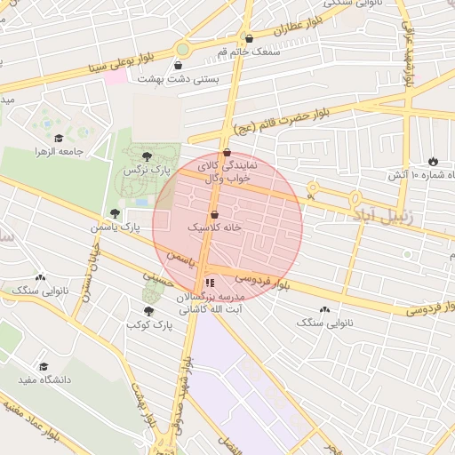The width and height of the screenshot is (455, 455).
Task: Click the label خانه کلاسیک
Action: (x=214, y=228)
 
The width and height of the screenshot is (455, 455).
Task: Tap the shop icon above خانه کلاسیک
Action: (x=214, y=215)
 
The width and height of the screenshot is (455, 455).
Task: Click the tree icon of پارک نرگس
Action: (x=159, y=156)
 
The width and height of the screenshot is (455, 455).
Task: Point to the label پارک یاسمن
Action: (x=115, y=227)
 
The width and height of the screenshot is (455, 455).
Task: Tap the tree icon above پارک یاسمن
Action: (x=114, y=213)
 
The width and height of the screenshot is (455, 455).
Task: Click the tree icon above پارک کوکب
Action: (x=148, y=311)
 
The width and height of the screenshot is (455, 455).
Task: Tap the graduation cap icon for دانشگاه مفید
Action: (x=43, y=366)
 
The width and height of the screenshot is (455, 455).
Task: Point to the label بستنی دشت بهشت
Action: (x=178, y=78)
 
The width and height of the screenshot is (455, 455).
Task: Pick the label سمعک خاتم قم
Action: (x=248, y=52)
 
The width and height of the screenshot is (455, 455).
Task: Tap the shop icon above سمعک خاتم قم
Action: (x=248, y=39)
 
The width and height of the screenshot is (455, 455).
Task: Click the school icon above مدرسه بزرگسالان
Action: (x=210, y=283)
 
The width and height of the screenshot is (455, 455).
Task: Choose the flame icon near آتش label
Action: (x=433, y=162)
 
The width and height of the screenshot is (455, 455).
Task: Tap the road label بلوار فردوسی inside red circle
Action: (x=264, y=280)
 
